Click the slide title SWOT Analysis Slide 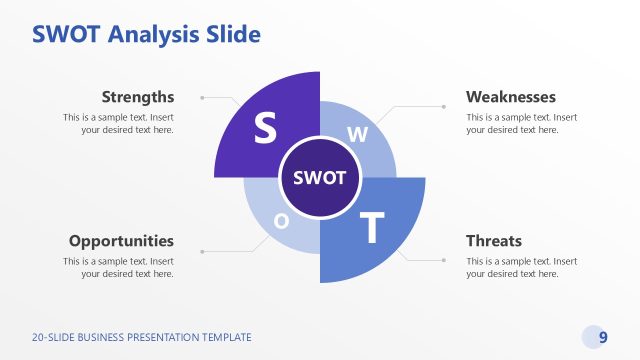(x=146, y=35)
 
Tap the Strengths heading (x=138, y=97)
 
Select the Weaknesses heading (x=511, y=97)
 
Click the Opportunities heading (x=121, y=241)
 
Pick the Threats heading (x=494, y=241)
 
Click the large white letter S (x=265, y=127)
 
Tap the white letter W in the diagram (x=358, y=133)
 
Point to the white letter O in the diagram (x=281, y=221)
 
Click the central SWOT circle (x=320, y=178)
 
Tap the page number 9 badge (x=603, y=337)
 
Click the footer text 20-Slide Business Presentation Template (x=142, y=338)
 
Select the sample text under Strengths (x=118, y=123)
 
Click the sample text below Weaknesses (x=521, y=123)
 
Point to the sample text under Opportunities (x=118, y=267)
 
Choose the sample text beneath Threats (x=521, y=267)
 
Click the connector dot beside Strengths (x=202, y=98)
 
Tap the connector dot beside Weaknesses (x=443, y=104)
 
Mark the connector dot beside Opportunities (x=202, y=251)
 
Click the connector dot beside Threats (x=443, y=259)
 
